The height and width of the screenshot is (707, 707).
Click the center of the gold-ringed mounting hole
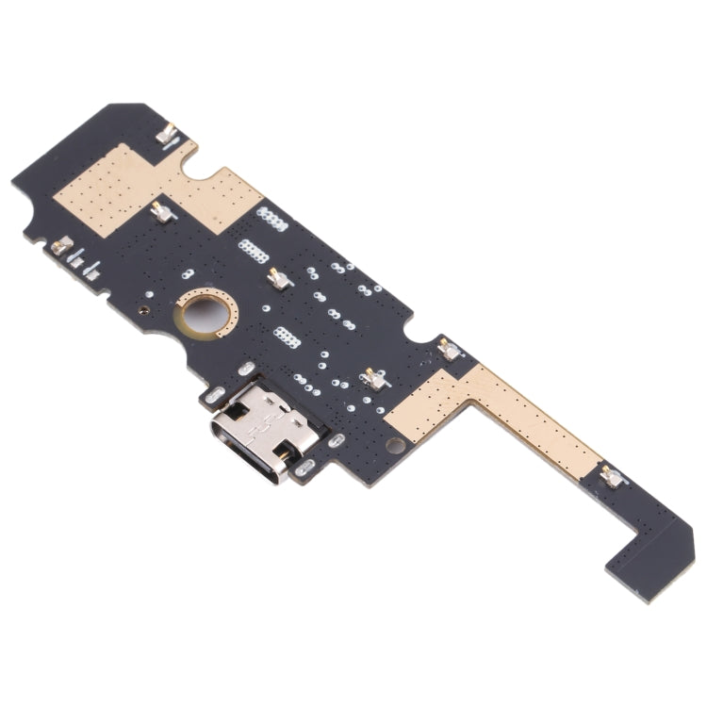coord(205,311)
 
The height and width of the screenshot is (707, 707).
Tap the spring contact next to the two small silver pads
coord(61,245)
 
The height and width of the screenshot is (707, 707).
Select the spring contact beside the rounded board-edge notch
coord(451,351)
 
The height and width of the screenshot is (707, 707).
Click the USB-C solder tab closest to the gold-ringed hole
coord(245,369)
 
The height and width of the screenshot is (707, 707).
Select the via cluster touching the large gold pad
coord(272,219)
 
